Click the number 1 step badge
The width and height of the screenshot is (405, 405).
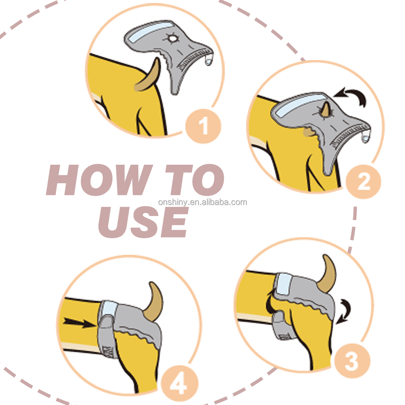pos(203,126)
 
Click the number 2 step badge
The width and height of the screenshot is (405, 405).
pos(363,182)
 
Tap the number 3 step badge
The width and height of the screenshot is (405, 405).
pos(351,361)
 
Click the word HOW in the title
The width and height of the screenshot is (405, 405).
pos(99,180)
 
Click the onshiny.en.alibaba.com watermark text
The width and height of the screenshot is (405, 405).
pos(202,202)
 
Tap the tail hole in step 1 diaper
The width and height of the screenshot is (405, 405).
pos(173,39)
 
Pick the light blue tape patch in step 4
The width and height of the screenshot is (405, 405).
pos(108,308)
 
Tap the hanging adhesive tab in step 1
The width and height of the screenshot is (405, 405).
pos(209,60)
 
